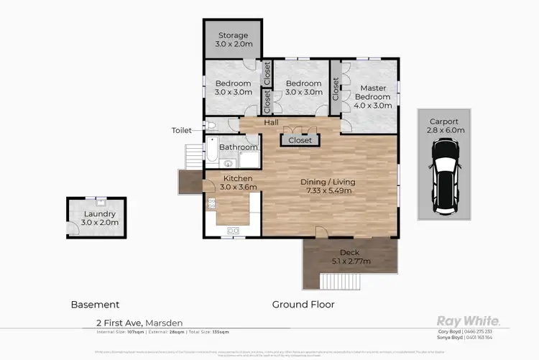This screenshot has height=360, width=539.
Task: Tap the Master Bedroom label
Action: [372, 96]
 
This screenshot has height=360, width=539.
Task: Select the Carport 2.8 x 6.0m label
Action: [444, 126]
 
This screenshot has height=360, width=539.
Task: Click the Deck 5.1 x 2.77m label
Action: [351, 257]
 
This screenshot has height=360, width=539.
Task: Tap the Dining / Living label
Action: [328, 187]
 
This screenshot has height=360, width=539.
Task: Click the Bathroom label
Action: [239, 147]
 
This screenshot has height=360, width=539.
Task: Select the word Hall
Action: [271, 123]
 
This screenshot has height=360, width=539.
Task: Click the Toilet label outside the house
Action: [182, 131]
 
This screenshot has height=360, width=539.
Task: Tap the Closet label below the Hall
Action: [300, 140]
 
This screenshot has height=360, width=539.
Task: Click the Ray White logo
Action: [469, 320]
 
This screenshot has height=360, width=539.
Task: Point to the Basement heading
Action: [95, 305]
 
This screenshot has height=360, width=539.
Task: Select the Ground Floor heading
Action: [303, 305]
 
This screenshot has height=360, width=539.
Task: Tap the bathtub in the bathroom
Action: [211, 152]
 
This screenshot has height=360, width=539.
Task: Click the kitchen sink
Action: [232, 231]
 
